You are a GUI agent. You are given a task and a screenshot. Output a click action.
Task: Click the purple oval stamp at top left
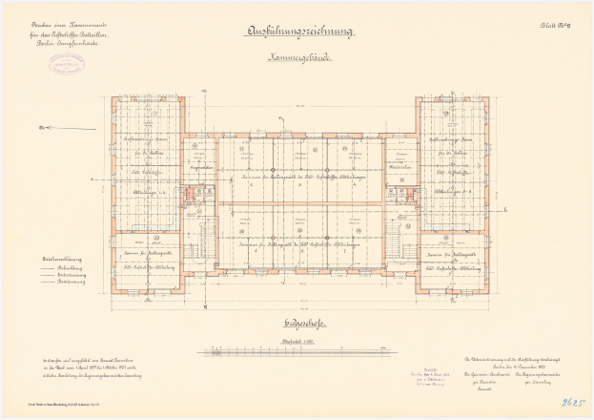point(69,62)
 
